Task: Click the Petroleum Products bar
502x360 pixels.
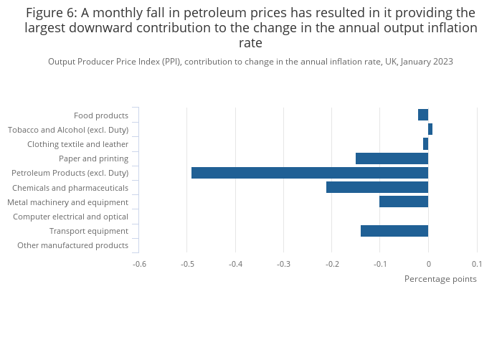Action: tap(309, 173)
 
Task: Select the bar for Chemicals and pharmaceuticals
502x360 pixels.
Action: tap(377, 187)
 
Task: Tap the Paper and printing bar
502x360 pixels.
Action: tap(392, 158)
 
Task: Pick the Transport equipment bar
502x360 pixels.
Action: tap(394, 231)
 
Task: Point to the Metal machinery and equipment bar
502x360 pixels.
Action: tap(404, 202)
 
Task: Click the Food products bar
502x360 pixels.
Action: tap(423, 115)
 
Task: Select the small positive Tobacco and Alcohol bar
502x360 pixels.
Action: tap(430, 129)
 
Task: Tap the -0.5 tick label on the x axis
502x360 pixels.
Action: tap(186, 264)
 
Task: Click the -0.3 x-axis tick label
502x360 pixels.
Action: tap(283, 264)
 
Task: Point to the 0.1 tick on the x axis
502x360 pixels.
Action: tap(477, 264)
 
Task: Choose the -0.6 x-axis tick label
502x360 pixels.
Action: tap(139, 264)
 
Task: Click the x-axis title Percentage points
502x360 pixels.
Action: tap(440, 279)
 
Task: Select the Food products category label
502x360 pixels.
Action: tap(101, 115)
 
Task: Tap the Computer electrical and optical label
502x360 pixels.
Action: tap(70, 217)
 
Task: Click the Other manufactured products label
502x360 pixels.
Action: tap(72, 245)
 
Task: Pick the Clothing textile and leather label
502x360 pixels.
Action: tap(77, 144)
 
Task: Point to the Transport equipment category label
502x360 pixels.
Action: tap(89, 231)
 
